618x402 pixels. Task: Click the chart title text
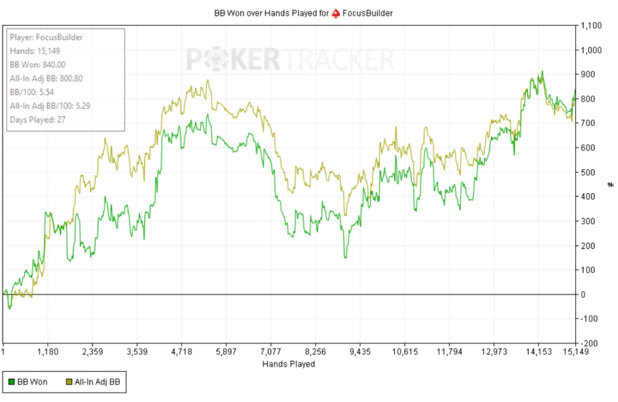(304, 12)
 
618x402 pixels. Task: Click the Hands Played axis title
(288, 364)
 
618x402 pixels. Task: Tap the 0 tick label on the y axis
(582, 294)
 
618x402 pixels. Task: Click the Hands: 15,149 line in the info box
(34, 51)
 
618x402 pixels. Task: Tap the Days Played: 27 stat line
(37, 120)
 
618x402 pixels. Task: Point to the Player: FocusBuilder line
(46, 37)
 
